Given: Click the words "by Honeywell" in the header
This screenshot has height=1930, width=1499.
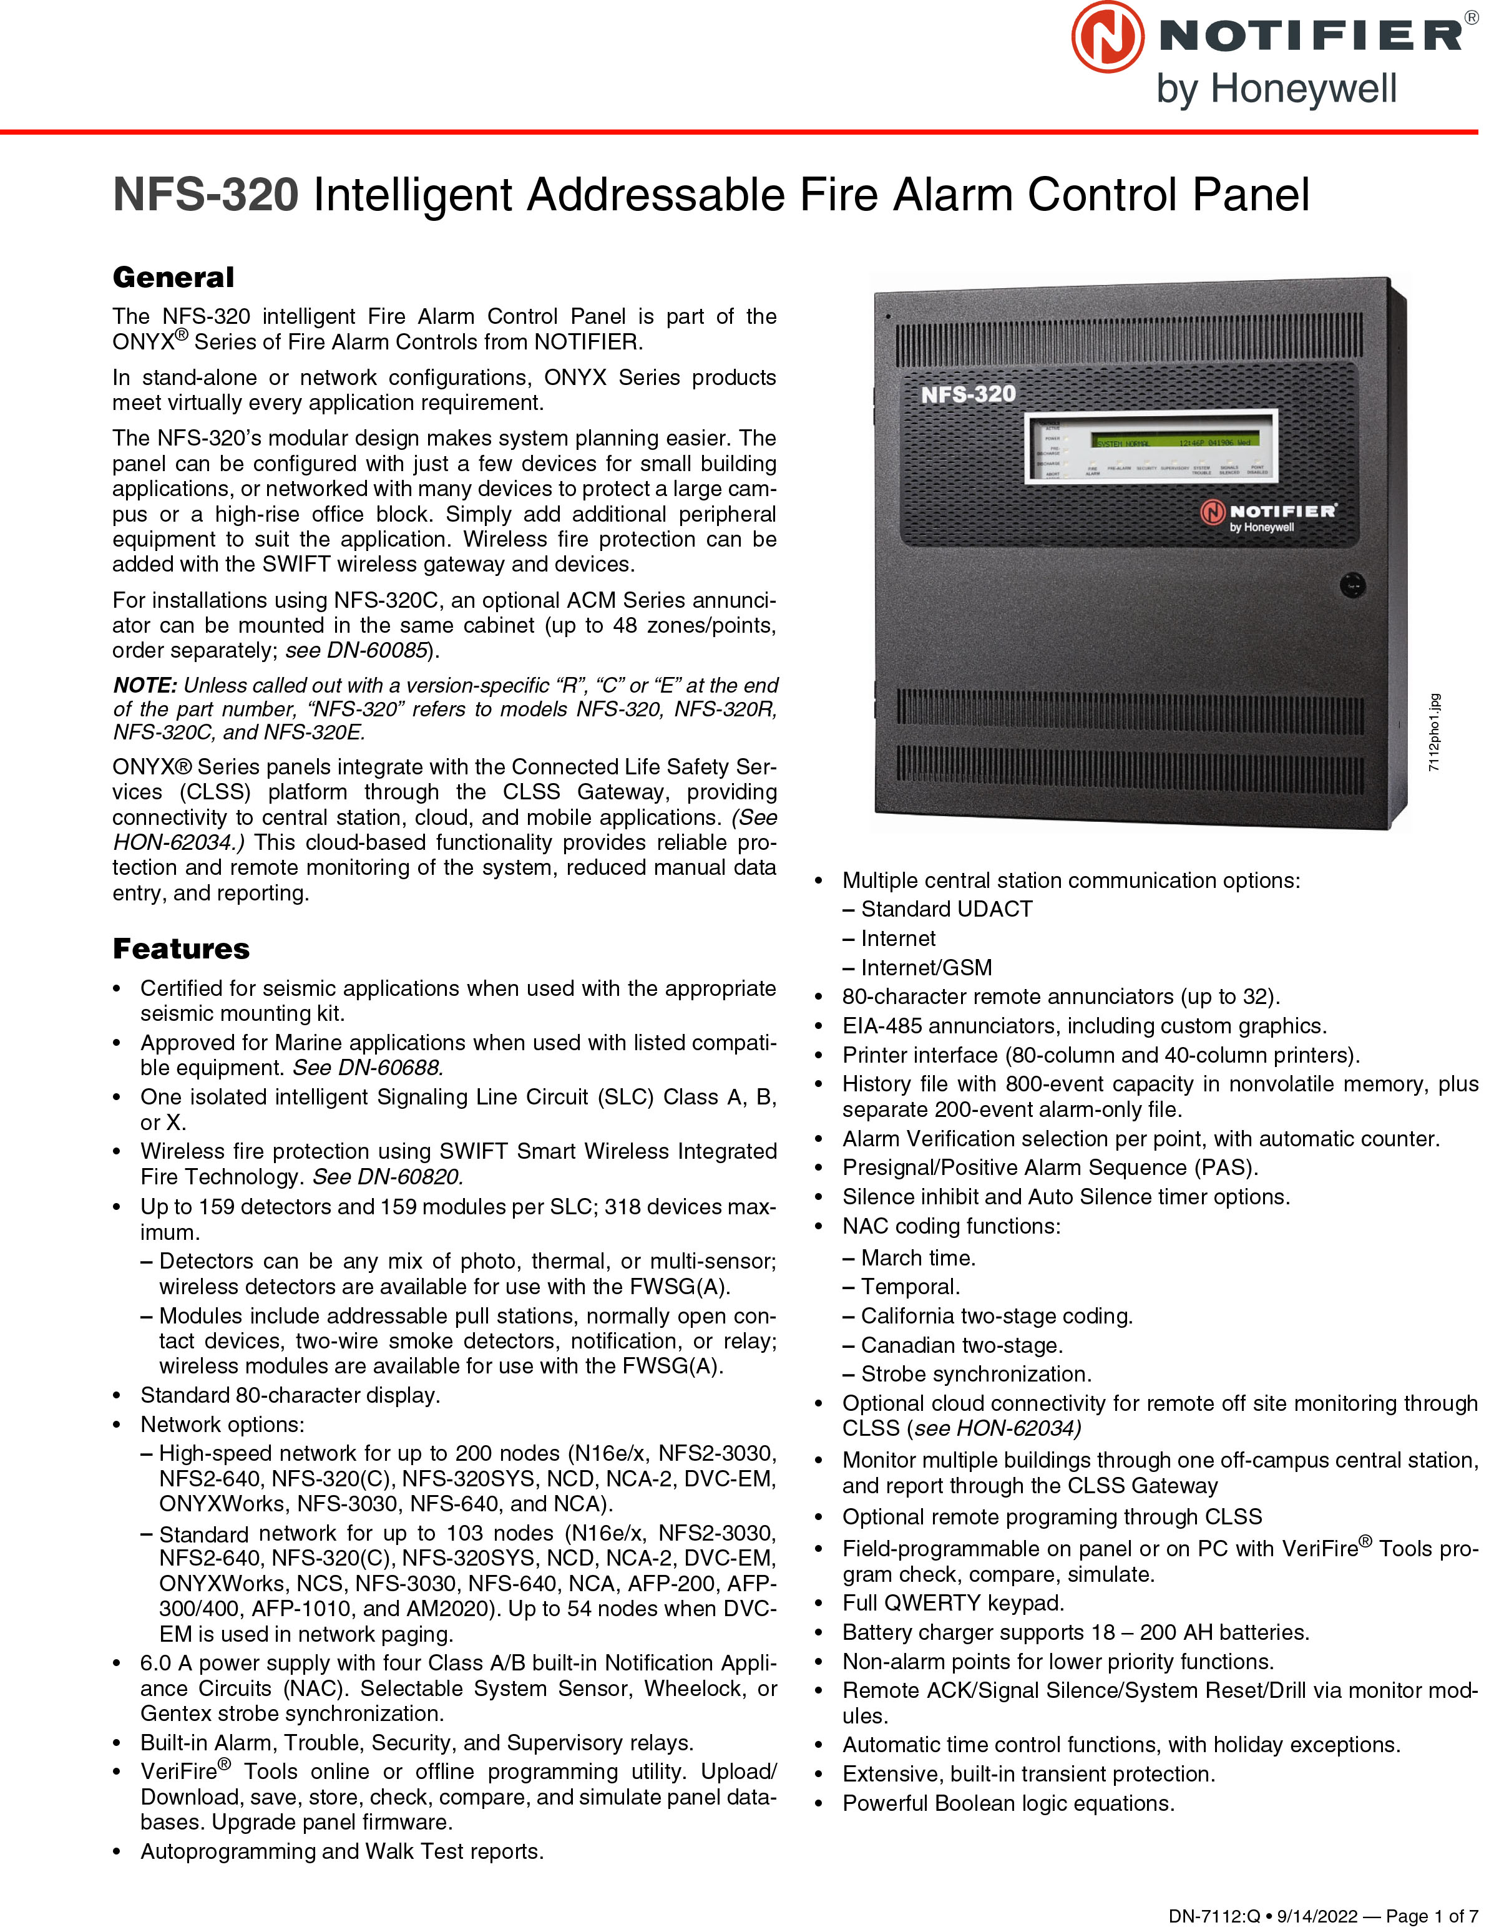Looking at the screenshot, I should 1276,89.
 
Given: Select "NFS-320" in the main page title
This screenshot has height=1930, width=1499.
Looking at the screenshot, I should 206,195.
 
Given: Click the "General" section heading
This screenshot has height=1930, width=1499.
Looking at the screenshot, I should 173,278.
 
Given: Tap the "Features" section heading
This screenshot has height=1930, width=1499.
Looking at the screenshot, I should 181,948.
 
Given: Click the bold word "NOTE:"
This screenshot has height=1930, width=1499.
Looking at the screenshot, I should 145,685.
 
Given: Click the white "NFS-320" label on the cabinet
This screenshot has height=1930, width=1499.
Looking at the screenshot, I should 968,394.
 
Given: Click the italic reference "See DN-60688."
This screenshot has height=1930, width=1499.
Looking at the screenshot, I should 368,1068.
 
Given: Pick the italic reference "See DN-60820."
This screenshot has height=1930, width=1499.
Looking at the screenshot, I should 387,1176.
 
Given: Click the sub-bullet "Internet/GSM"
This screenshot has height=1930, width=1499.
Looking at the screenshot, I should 925,968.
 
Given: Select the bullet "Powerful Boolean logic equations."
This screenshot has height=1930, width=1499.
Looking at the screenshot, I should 1008,1803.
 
